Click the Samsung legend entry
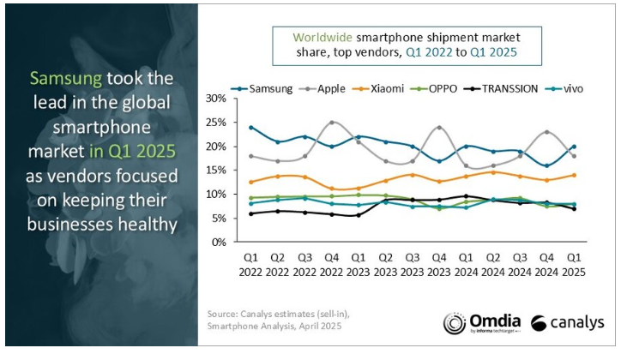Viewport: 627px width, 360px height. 262,88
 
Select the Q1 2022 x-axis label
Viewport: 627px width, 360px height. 250,264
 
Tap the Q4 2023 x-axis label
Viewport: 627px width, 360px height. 438,264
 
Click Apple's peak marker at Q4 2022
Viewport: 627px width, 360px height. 331,123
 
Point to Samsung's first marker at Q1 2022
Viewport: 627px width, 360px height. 250,128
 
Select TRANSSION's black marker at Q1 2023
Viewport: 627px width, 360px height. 358,215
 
